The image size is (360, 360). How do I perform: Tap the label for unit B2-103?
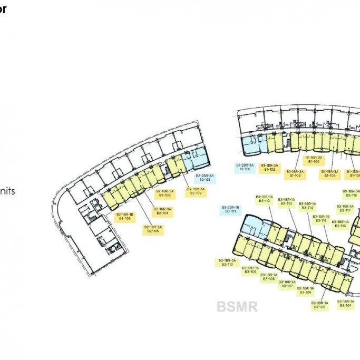click(164, 193)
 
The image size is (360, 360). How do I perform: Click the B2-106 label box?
click(124, 217)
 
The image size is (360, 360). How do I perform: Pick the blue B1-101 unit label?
click(245, 168)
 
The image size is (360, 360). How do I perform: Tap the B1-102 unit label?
click(269, 168)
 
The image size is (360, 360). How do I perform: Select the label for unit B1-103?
click(295, 173)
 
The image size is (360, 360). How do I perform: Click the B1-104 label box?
click(313, 160)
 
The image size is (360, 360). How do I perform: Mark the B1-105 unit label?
click(329, 173)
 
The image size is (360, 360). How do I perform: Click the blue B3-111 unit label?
click(230, 209)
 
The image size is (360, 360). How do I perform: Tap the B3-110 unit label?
click(227, 262)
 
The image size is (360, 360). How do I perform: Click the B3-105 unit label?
click(319, 305)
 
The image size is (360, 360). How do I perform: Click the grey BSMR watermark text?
click(237, 306)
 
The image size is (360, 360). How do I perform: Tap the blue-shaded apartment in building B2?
click(200, 158)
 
